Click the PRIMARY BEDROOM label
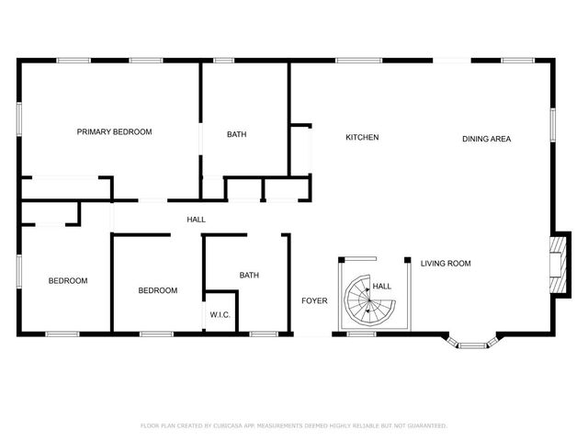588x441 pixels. [x=114, y=132]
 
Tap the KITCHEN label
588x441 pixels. [x=362, y=138]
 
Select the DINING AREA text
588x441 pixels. [x=486, y=139]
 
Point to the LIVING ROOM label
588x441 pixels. [x=446, y=264]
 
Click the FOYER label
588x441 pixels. [x=314, y=300]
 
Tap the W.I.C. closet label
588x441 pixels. [x=220, y=315]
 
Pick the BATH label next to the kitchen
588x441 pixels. [x=236, y=135]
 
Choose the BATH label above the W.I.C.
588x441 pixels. [x=249, y=275]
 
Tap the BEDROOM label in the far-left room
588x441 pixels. [x=68, y=281]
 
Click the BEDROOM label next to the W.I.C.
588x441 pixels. [x=158, y=291]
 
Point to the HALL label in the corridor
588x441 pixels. [x=196, y=220]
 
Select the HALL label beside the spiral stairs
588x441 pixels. [x=382, y=286]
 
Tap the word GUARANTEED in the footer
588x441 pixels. [x=424, y=426]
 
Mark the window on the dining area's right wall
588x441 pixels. [x=553, y=124]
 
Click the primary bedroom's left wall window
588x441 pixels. [x=19, y=119]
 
